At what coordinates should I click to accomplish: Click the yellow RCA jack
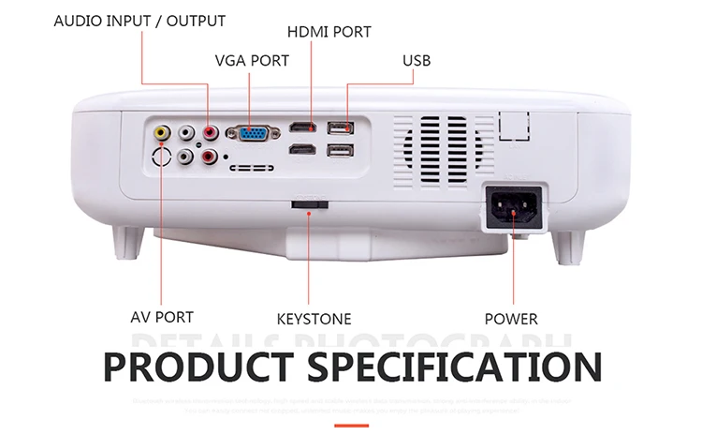pyautogui.click(x=163, y=133)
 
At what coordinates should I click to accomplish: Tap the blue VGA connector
pyautogui.click(x=251, y=135)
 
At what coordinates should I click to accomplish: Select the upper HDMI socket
pyautogui.click(x=301, y=127)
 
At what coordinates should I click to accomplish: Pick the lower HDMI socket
pyautogui.click(x=301, y=149)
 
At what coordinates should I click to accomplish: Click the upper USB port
pyautogui.click(x=340, y=127)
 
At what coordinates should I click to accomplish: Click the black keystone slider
pyautogui.click(x=310, y=203)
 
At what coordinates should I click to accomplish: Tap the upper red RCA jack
pyautogui.click(x=210, y=135)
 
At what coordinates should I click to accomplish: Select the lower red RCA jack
pyautogui.click(x=210, y=157)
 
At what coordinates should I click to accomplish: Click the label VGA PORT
pyautogui.click(x=252, y=61)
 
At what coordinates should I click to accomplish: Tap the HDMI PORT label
pyautogui.click(x=329, y=32)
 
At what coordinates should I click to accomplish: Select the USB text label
pyautogui.click(x=417, y=61)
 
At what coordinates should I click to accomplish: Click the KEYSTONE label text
pyautogui.click(x=314, y=319)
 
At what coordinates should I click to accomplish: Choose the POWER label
pyautogui.click(x=511, y=319)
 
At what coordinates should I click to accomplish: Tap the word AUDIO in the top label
pyautogui.click(x=77, y=21)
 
